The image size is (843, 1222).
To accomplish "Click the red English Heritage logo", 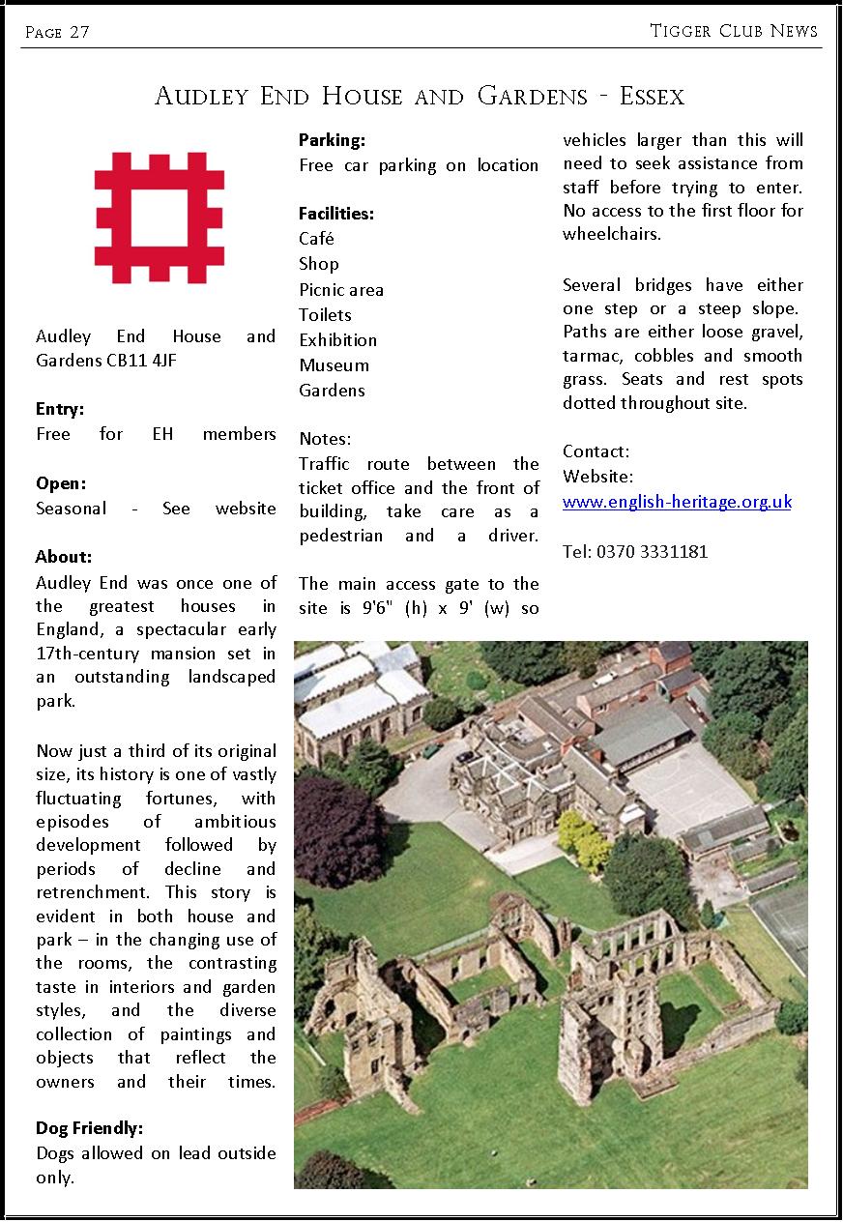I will pyautogui.click(x=160, y=217).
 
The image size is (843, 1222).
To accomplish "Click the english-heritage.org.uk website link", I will pyautogui.click(x=677, y=502).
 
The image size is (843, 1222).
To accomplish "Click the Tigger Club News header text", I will pyautogui.click(x=734, y=31).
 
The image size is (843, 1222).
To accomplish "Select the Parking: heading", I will pyautogui.click(x=332, y=140).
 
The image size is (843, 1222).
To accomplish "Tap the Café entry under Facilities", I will pyautogui.click(x=316, y=239).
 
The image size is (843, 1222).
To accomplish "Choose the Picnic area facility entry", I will pyautogui.click(x=341, y=290).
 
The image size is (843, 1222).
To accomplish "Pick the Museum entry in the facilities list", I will pyautogui.click(x=334, y=365).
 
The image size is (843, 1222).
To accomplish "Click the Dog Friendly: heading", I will pyautogui.click(x=89, y=1128).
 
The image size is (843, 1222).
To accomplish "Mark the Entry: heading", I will pyautogui.click(x=60, y=409).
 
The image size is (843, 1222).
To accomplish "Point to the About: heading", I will pyautogui.click(x=64, y=557).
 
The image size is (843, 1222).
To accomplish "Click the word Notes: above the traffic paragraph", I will pyautogui.click(x=325, y=439).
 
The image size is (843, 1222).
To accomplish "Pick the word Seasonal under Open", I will pyautogui.click(x=71, y=509).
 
